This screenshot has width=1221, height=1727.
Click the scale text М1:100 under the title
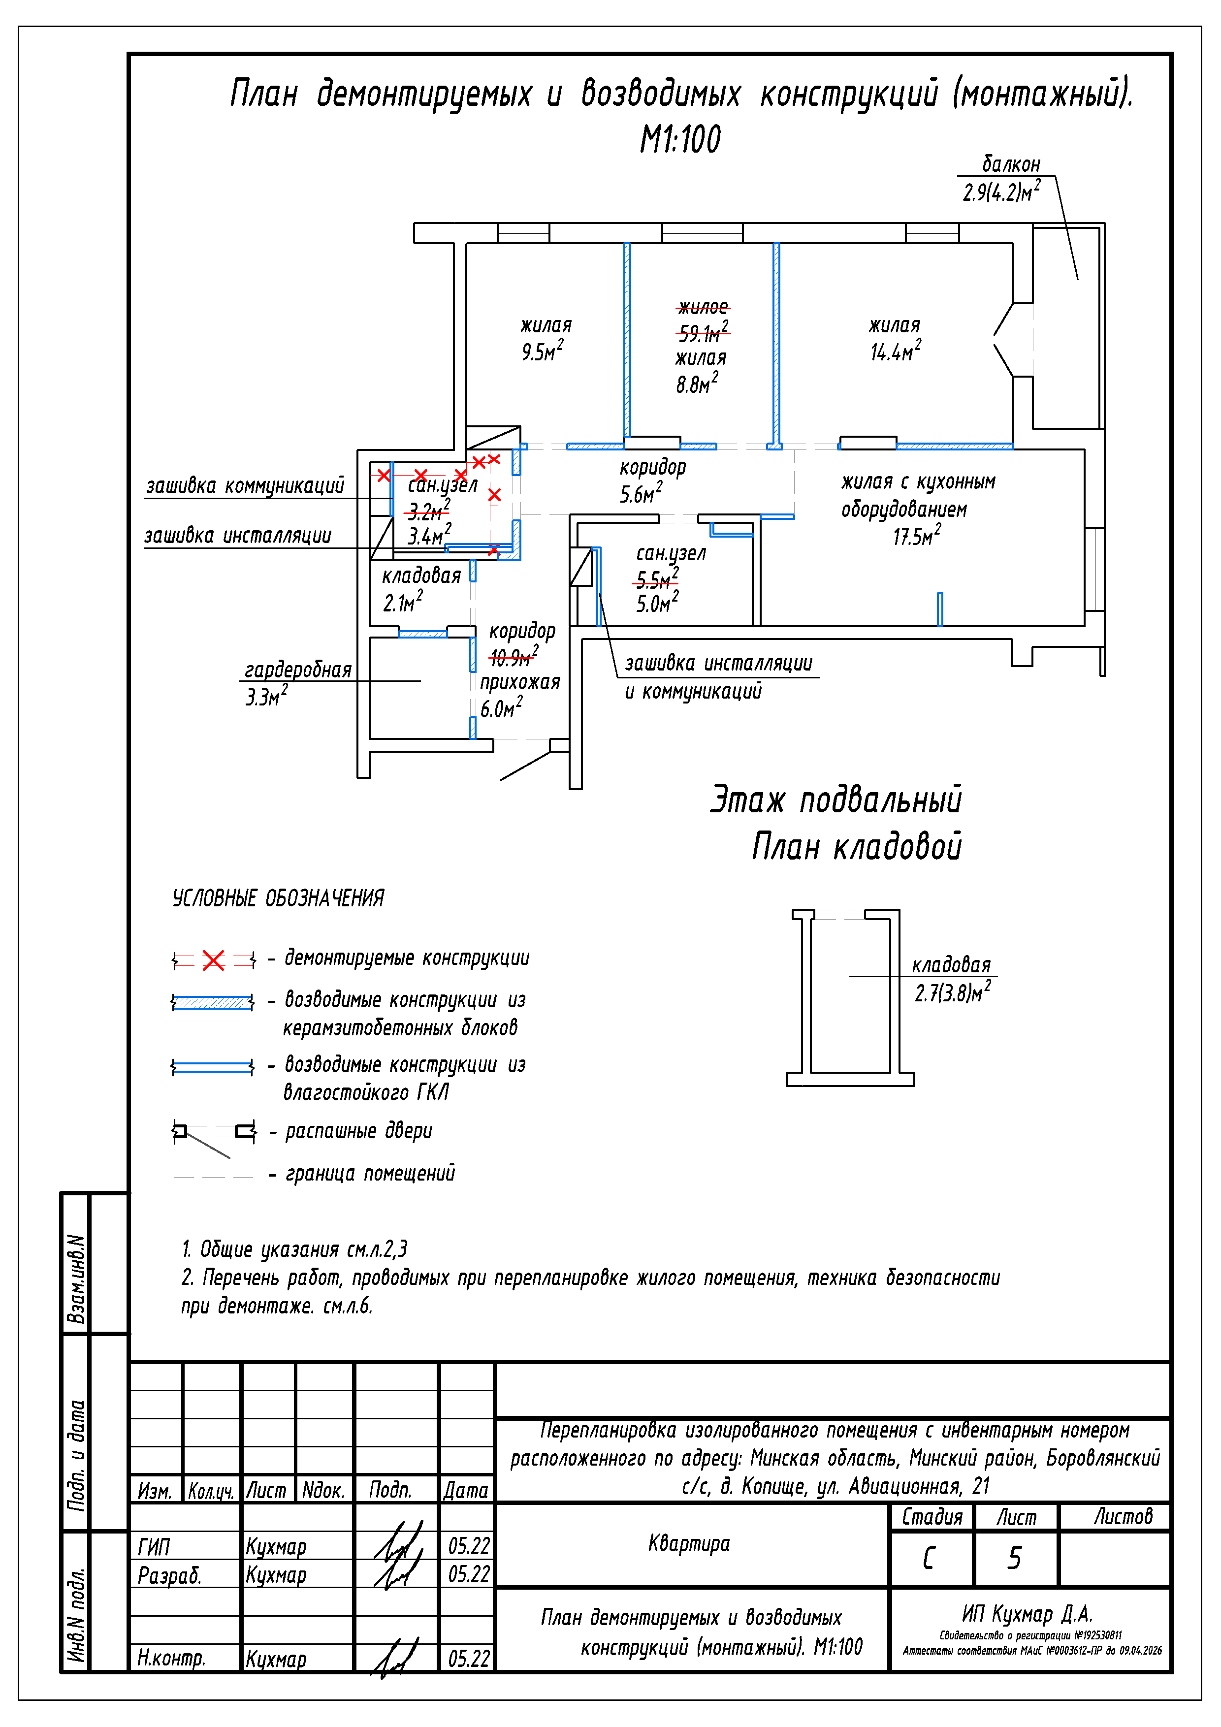pos(679,140)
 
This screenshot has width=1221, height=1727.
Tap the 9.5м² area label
pos(542,351)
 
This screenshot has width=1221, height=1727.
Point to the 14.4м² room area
pos(895,351)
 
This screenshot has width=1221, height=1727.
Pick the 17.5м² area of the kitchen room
pos(916,536)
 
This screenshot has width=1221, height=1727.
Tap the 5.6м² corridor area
pos(640,493)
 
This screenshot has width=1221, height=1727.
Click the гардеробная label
pos(298,670)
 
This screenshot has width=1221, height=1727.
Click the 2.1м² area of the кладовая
pos(402,602)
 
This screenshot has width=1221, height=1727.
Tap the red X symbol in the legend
pos(214,960)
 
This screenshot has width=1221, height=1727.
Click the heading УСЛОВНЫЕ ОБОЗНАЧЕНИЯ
pos(278,897)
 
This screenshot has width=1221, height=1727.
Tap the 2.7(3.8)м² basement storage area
pos(952,993)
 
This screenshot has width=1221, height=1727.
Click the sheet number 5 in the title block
pos(1014,1557)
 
